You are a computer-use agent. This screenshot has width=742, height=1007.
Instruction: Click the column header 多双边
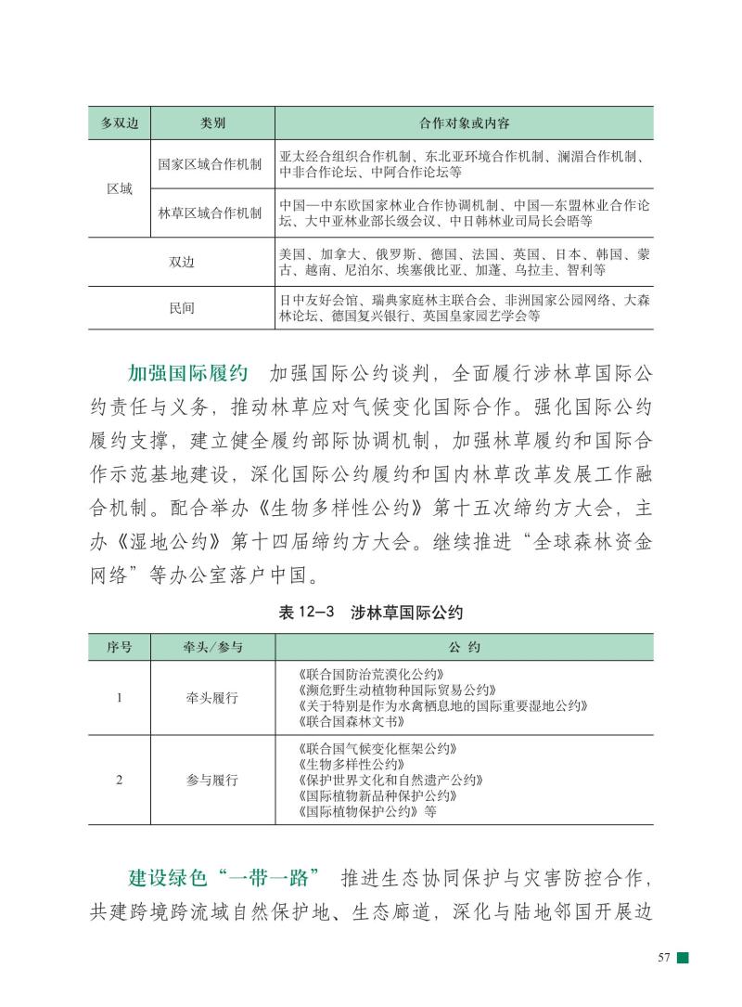pos(119,123)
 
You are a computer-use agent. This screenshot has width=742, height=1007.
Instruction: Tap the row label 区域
pos(119,188)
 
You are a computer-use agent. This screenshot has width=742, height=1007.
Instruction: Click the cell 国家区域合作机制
pos(211,164)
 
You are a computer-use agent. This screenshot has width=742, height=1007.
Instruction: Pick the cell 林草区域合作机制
pos(211,213)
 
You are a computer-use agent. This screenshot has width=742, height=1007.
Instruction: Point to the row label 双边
pos(181,262)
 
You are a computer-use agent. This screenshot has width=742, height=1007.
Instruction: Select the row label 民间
pos(181,308)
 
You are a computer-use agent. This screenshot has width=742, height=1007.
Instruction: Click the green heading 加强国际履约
pos(188,374)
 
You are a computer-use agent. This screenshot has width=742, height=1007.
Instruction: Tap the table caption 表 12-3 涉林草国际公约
pos(371,613)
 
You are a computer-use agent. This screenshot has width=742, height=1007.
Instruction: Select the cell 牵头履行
pos(211,697)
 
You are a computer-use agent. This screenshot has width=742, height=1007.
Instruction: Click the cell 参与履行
pos(211,780)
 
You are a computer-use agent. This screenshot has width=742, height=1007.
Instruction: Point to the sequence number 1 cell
pos(119,697)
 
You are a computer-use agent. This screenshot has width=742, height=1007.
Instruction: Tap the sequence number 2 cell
pos(119,780)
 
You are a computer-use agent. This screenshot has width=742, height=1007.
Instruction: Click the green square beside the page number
pos(682,957)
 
